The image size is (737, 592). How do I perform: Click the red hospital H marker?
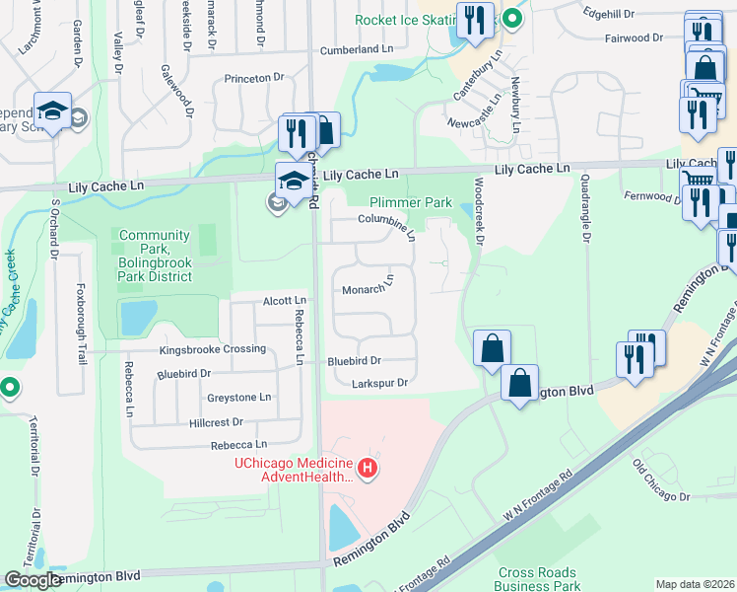[368, 468]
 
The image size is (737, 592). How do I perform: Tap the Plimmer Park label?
[410, 202]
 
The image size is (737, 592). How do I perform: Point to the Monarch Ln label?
[368, 287]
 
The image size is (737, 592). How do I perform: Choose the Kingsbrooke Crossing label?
[213, 349]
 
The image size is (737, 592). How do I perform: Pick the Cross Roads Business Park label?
[539, 579]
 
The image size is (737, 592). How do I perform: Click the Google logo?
[33, 580]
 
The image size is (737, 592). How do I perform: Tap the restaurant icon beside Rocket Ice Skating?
[475, 21]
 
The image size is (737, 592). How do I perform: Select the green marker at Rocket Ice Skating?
[511, 17]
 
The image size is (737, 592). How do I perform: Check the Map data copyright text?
[694, 584]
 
